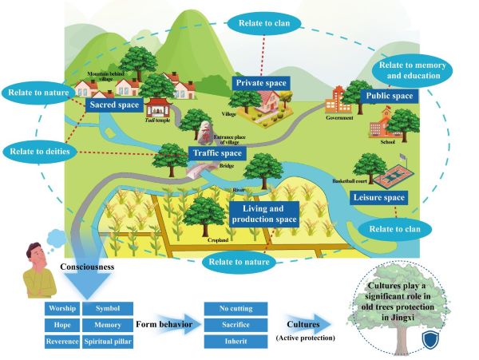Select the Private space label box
click(x=261, y=82)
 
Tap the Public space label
click(x=389, y=97)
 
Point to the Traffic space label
click(x=216, y=152)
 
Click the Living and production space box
click(x=263, y=213)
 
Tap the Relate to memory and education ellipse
click(x=413, y=70)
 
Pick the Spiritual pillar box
click(x=108, y=342)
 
